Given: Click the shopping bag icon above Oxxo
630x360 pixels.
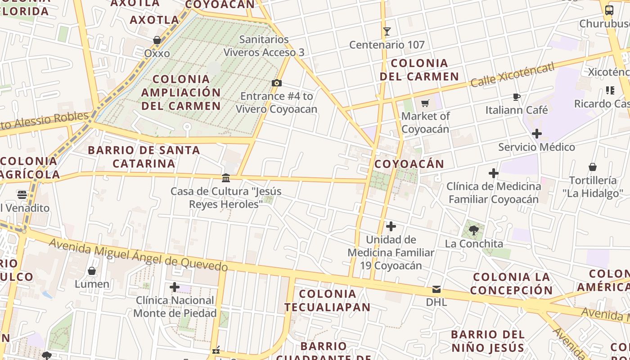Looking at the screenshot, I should tap(157, 40).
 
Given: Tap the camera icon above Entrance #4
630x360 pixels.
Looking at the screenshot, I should tap(277, 83).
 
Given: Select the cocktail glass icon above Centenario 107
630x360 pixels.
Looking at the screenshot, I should tap(387, 31).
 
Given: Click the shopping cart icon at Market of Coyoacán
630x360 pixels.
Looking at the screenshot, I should tap(425, 103).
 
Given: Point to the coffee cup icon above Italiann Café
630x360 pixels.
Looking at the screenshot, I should tap(517, 97).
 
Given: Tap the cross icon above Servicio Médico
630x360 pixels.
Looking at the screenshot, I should tap(536, 134).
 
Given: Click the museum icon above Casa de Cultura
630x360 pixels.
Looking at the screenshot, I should tap(226, 178).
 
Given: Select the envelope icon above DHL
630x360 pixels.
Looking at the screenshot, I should tap(436, 289).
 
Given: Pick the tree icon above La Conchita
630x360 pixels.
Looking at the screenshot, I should tap(473, 230).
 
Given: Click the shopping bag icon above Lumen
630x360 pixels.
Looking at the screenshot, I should tap(92, 271).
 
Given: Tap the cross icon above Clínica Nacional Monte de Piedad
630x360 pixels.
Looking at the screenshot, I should tap(175, 287).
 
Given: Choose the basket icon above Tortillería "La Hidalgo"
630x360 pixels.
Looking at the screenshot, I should tap(593, 167).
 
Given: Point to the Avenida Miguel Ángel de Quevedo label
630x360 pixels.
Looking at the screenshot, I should tap(138, 255).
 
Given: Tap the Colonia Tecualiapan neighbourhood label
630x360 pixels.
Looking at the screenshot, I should tap(328, 301).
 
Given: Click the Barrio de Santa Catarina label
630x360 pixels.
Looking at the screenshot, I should tap(144, 157).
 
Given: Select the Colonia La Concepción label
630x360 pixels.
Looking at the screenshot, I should tap(512, 283).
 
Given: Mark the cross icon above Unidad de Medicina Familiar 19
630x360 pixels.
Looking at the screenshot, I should tap(391, 226).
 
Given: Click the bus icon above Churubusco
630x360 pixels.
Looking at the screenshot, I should tap(609, 10).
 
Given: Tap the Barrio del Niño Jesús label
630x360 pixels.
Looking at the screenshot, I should tap(488, 341).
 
